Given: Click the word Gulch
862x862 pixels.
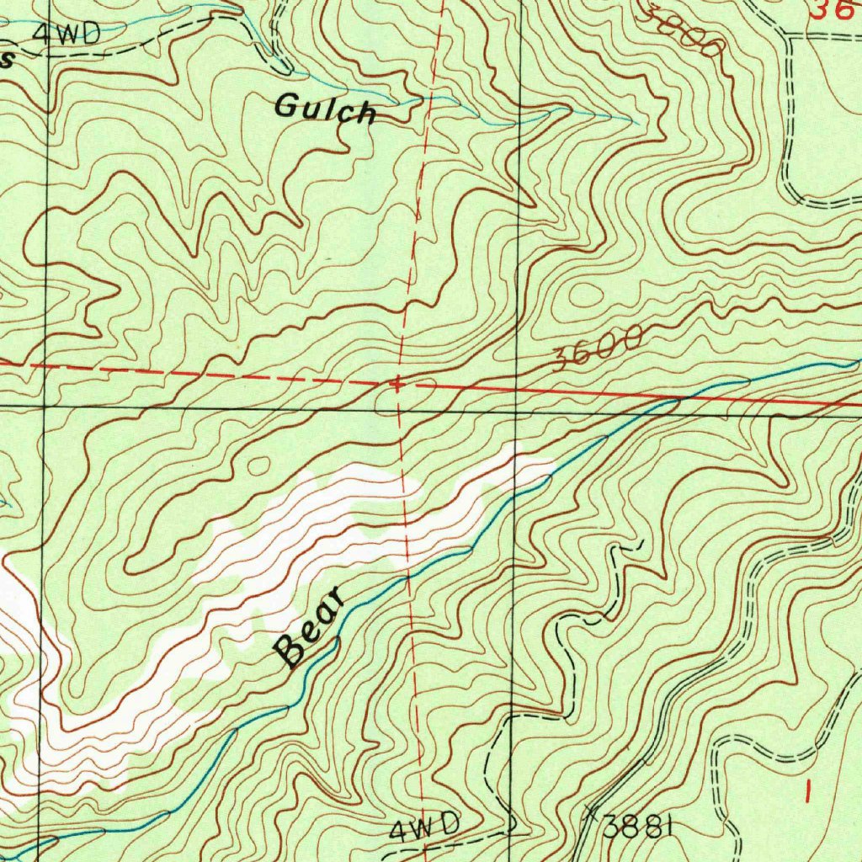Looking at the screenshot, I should (x=325, y=109).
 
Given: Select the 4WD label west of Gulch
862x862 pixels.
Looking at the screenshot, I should (x=67, y=33).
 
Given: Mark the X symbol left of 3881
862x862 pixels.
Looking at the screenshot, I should (x=589, y=814).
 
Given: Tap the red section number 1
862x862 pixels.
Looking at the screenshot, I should (x=809, y=790).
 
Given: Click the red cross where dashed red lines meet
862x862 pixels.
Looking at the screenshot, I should (x=396, y=385).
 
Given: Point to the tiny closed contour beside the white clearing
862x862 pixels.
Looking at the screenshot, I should (x=257, y=465).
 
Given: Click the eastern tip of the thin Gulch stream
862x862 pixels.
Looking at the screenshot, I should (x=638, y=123).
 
